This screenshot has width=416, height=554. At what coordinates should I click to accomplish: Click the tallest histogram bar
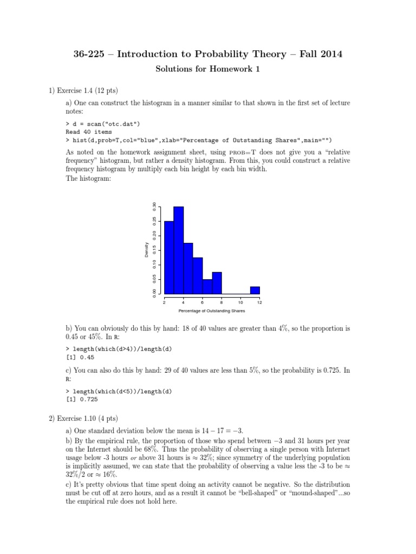178,250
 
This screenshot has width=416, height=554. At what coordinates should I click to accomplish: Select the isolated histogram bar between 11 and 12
255,290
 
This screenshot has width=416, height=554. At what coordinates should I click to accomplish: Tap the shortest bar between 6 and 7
207,286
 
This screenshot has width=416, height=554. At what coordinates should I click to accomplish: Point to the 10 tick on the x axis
240,302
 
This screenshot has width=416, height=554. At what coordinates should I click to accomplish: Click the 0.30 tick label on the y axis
154,207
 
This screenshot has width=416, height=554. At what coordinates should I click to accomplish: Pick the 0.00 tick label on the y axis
154,293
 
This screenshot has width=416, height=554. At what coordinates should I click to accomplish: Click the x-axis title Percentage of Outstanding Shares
212,311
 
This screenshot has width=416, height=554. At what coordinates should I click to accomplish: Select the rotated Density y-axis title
146,250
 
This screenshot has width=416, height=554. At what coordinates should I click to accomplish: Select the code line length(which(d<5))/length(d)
127,391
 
